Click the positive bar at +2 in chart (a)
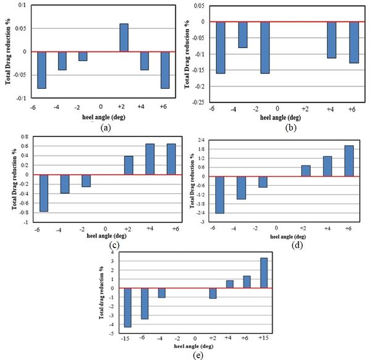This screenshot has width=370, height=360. click(x=123, y=38)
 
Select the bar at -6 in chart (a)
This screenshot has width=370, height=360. click(x=42, y=70)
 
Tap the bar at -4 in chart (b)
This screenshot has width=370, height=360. click(x=242, y=35)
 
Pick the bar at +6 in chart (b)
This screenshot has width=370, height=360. click(x=353, y=42)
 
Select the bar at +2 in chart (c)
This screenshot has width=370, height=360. click(x=128, y=165)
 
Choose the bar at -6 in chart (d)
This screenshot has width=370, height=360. click(x=220, y=195)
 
